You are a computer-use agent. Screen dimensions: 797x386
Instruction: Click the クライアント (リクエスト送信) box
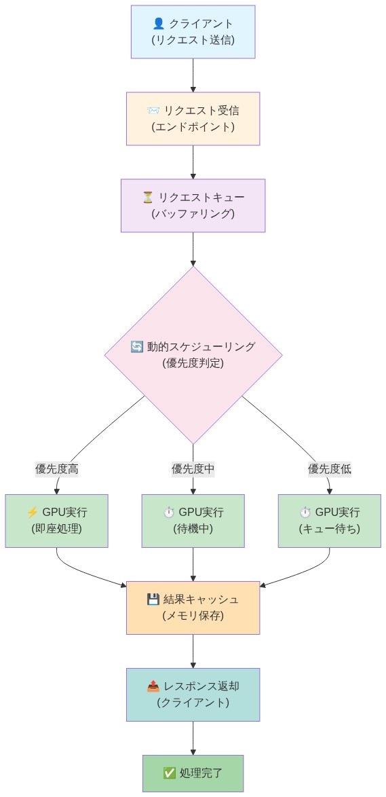point(193,32)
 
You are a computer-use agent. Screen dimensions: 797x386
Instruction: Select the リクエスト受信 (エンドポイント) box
point(193,119)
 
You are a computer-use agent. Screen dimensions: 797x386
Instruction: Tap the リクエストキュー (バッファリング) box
point(193,206)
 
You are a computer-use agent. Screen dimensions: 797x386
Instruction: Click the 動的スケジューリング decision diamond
point(193,354)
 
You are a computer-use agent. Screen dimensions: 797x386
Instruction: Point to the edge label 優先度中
point(193,468)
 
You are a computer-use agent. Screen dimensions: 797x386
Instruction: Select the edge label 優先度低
point(330,468)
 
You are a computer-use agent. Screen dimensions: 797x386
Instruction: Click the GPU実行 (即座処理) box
point(56,521)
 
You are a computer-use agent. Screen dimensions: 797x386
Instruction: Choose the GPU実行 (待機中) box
point(193,521)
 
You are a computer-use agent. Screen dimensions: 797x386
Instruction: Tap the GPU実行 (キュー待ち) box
point(330,521)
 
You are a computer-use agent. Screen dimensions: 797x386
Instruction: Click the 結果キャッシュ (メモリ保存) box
point(193,608)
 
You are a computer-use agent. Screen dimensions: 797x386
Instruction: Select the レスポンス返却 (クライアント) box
point(193,694)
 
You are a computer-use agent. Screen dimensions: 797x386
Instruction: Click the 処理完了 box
point(193,773)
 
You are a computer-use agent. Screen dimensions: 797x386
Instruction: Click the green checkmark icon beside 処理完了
point(169,773)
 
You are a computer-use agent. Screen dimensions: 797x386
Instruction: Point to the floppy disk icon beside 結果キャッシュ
point(153,599)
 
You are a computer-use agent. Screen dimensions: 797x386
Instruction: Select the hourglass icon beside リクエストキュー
point(148,198)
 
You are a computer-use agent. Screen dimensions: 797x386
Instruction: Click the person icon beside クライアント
point(159,24)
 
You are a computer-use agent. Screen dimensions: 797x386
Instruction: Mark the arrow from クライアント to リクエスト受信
point(193,75)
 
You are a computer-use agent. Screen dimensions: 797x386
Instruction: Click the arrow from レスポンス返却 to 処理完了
point(193,738)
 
